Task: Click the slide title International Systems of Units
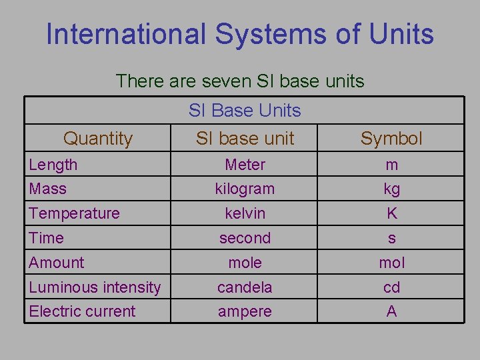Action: (x=240, y=35)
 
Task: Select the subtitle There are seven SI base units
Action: (x=240, y=81)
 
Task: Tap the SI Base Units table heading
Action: (x=245, y=111)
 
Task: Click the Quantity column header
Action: (x=98, y=139)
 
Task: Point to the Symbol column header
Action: (x=391, y=139)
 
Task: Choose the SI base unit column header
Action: (x=245, y=139)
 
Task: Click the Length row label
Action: (x=53, y=165)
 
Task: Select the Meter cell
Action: (x=245, y=165)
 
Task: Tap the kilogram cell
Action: (x=245, y=189)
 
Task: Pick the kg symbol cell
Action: (x=391, y=189)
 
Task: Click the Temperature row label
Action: (x=74, y=213)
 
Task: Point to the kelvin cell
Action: (x=245, y=213)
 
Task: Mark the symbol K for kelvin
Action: (x=391, y=213)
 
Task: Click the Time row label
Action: (x=47, y=238)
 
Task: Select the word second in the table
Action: (x=245, y=238)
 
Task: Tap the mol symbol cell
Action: (x=391, y=263)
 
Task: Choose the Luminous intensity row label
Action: (x=95, y=287)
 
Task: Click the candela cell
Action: (x=245, y=287)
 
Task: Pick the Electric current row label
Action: (x=82, y=311)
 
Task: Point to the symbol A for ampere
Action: (x=391, y=311)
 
